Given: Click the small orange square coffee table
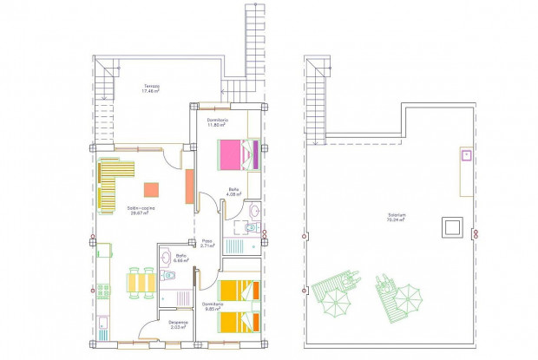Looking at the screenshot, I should (x=151, y=189).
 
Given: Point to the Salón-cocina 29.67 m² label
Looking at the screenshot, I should (x=141, y=211).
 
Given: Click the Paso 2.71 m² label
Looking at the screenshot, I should (x=207, y=244).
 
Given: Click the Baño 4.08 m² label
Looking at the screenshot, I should (x=234, y=192).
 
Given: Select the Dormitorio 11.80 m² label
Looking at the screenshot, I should (x=218, y=122).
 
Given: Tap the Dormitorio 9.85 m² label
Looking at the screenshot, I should (x=213, y=307).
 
